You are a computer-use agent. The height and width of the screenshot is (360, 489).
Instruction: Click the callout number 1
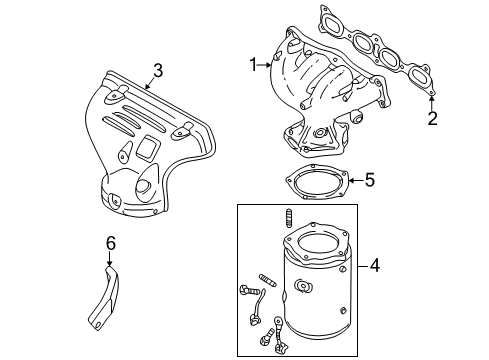[x=254, y=65]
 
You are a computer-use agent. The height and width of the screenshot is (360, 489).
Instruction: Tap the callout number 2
[x=432, y=118]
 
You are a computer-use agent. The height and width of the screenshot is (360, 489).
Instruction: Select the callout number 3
[x=158, y=71]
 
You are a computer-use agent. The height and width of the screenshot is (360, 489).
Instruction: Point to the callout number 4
[x=375, y=266]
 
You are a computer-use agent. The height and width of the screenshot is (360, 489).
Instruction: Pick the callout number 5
[x=370, y=180]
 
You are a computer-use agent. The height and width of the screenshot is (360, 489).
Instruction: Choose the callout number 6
[x=111, y=243]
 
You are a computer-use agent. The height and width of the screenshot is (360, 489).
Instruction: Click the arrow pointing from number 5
[x=356, y=180]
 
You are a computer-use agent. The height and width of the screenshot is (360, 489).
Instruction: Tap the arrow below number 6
[x=109, y=259]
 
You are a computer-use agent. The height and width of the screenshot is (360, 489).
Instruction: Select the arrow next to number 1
[x=265, y=65]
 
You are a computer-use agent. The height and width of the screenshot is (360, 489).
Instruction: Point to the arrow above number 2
[x=432, y=103]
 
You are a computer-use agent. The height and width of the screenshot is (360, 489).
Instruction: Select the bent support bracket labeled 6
[x=104, y=298]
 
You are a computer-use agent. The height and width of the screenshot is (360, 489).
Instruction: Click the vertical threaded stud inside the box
[x=289, y=219]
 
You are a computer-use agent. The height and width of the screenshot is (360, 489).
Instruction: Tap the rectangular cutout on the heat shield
[x=147, y=146]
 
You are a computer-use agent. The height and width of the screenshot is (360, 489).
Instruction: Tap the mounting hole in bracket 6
[x=97, y=323]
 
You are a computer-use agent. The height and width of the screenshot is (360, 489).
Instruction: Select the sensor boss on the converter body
[x=303, y=287]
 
